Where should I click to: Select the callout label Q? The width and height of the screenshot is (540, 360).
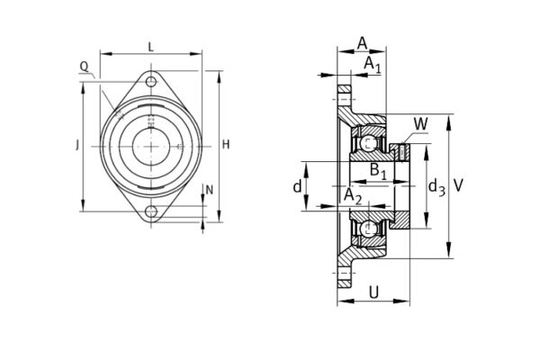click(x=84, y=66)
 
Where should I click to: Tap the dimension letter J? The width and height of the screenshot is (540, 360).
click(x=77, y=145)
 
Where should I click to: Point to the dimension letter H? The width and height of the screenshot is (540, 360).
click(x=227, y=145)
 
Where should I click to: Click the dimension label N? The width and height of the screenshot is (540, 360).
click(x=210, y=190)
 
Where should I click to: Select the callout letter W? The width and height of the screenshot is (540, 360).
click(x=421, y=123)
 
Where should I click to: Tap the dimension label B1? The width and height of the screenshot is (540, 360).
click(x=379, y=169)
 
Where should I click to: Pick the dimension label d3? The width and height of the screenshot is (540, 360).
click(x=436, y=186)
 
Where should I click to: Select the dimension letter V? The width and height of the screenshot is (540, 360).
click(x=460, y=184)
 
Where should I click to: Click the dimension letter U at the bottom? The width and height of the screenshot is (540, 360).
click(x=373, y=292)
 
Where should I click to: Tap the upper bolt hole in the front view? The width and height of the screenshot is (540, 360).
click(x=150, y=83)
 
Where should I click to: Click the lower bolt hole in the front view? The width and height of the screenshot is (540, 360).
click(x=150, y=212)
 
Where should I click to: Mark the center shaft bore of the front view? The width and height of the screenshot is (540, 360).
click(x=150, y=146)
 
